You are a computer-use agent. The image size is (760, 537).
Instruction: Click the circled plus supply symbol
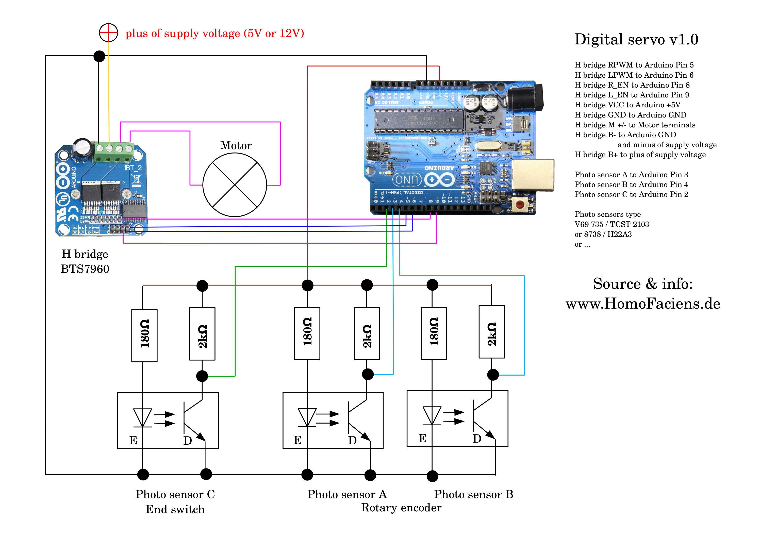click(x=109, y=33)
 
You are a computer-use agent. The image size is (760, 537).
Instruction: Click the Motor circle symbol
click(x=235, y=184)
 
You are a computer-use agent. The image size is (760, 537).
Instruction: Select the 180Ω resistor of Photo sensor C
click(x=144, y=335)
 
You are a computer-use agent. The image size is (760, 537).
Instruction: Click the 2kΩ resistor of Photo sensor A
click(x=367, y=333)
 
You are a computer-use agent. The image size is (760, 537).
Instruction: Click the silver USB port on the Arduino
click(x=533, y=175)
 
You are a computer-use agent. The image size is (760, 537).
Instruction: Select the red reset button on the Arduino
click(x=520, y=204)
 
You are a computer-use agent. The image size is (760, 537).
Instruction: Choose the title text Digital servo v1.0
click(x=636, y=40)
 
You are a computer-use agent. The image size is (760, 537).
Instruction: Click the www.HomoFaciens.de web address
click(x=643, y=304)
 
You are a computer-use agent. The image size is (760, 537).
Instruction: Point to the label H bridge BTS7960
click(x=85, y=261)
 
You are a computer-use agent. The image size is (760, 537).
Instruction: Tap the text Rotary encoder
click(x=401, y=508)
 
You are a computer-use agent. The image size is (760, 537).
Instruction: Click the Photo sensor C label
click(x=175, y=494)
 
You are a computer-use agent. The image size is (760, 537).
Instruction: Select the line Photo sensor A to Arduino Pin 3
click(x=631, y=175)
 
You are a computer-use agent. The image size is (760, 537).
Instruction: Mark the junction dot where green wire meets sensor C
click(x=202, y=376)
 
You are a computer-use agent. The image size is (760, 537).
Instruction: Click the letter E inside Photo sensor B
click(x=423, y=438)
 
